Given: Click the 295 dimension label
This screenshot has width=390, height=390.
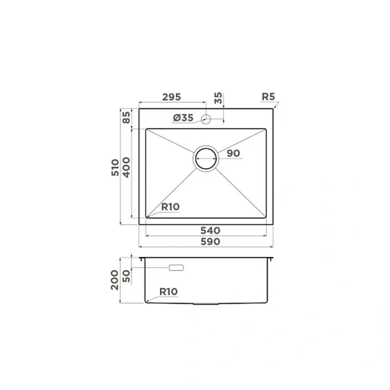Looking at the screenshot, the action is [x=172, y=97].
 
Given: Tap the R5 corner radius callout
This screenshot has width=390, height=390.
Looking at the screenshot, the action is [x=269, y=97].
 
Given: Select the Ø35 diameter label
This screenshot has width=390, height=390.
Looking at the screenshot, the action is [x=183, y=117].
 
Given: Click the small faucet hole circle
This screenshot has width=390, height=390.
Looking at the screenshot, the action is [x=206, y=119].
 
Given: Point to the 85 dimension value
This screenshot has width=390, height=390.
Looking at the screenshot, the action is [x=126, y=117].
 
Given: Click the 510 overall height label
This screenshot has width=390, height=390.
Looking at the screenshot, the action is [x=115, y=168].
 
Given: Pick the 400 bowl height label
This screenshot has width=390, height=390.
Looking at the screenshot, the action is [x=126, y=167].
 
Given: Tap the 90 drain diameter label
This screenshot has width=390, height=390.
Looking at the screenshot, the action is [x=234, y=153].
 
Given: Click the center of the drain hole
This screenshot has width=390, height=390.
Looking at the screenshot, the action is [x=206, y=159].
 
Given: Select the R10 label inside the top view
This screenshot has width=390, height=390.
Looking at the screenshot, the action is [x=170, y=207].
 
